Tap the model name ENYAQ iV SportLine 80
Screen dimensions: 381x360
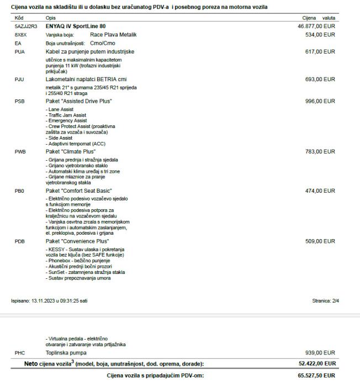(x=75, y=26)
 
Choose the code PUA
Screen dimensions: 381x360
(x=19, y=51)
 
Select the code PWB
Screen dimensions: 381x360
(x=20, y=151)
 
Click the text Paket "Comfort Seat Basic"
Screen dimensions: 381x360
(x=81, y=190)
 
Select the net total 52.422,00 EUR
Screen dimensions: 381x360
(x=316, y=362)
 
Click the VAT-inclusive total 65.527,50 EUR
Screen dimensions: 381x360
(x=316, y=374)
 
